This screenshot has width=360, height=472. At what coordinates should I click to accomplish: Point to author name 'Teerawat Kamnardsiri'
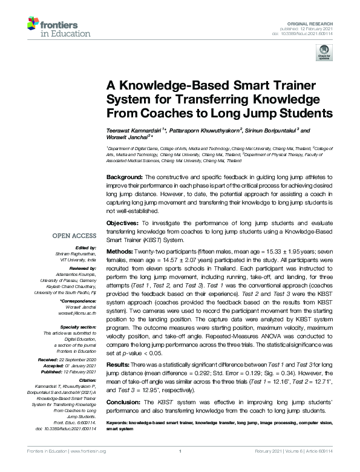coord(134,130)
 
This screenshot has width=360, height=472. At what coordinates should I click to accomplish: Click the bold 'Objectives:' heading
coord(124,223)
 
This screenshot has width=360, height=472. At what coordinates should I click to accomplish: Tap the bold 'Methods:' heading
coord(122,251)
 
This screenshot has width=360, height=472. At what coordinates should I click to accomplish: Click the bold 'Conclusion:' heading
coord(126,402)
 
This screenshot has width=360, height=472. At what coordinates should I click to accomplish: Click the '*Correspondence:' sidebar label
coord(80,301)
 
